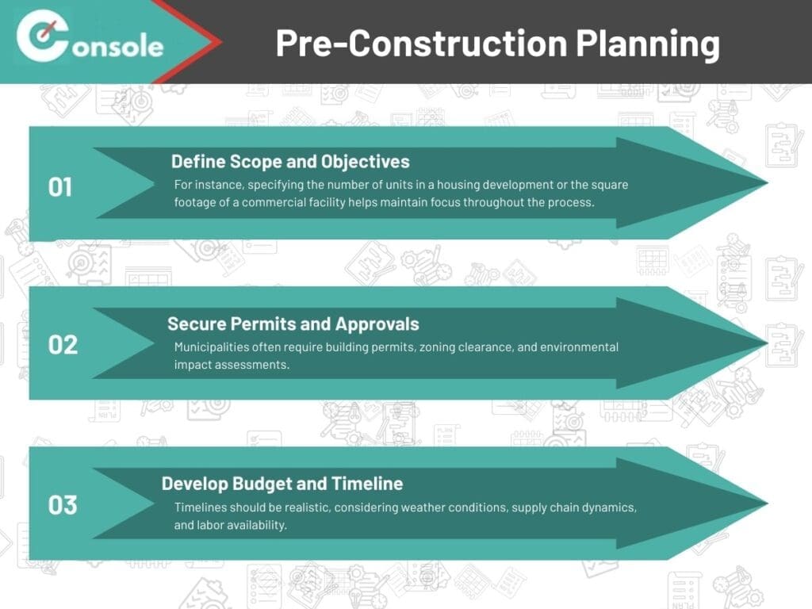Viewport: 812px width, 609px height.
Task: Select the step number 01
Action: coord(60,187)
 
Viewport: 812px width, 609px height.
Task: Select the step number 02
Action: coord(63,345)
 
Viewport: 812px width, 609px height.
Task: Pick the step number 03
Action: coord(63,505)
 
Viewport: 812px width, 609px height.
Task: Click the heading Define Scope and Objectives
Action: coord(290,162)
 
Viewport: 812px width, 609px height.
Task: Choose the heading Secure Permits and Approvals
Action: coord(293,324)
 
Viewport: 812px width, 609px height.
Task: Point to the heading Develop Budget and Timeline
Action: coord(282,483)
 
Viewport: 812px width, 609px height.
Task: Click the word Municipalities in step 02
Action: coord(209,347)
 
